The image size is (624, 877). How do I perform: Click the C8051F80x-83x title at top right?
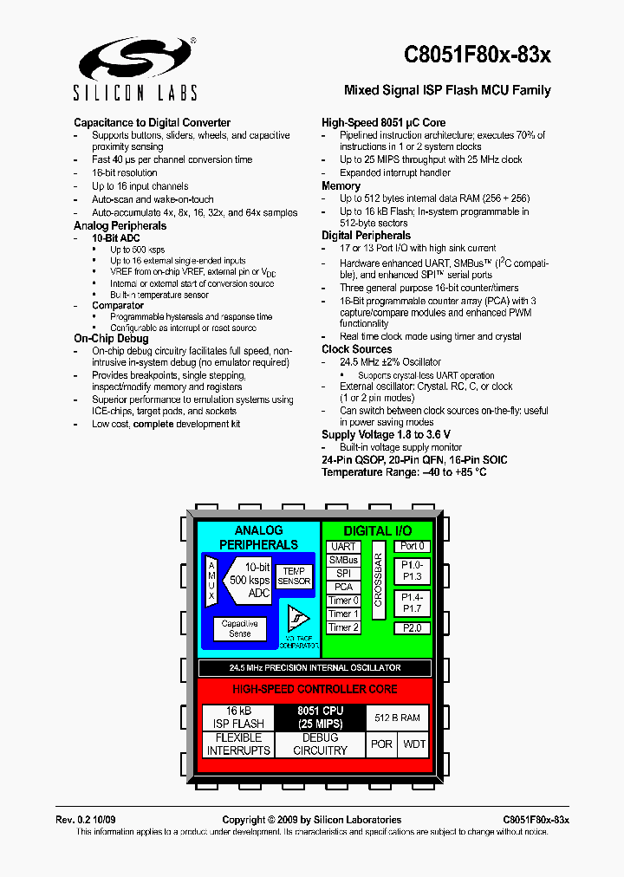[x=477, y=55]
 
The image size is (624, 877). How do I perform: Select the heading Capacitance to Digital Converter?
[x=152, y=123]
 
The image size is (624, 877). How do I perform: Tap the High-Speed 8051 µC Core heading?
[x=383, y=123]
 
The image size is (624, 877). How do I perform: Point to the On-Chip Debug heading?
[x=111, y=339]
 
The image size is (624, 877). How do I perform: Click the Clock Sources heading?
[x=356, y=349]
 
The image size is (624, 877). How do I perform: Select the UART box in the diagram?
[x=343, y=547]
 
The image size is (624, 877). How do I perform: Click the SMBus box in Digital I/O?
[x=343, y=560]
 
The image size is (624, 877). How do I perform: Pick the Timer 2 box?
[x=343, y=627]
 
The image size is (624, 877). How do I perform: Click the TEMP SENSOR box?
[x=294, y=576]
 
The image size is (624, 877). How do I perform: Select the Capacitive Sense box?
[x=240, y=628]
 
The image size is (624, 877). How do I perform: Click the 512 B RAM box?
[x=397, y=718]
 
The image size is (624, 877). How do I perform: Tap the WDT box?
[x=415, y=744]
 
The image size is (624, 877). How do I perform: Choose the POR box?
[x=381, y=744]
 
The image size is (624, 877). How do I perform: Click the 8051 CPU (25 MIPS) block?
[x=320, y=718]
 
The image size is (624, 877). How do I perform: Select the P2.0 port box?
[x=412, y=628]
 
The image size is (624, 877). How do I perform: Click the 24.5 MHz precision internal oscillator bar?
[x=315, y=668]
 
